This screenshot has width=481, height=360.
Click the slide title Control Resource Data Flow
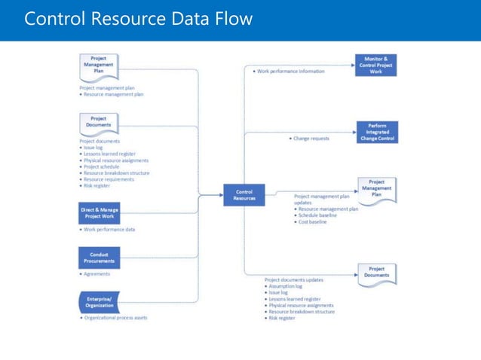coord(138,19)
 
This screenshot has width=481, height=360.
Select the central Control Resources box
coord(244,196)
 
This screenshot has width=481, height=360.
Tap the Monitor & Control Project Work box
coord(376,66)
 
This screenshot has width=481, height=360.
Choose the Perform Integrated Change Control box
coord(376,133)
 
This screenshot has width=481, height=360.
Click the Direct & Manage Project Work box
coord(99,213)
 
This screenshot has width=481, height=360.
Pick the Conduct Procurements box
coord(99,258)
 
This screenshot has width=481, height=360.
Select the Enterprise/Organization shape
coord(99,303)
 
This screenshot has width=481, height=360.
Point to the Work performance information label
coord(290,72)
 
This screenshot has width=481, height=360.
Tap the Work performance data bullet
coord(110,229)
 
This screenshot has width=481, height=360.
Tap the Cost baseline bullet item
coord(312,222)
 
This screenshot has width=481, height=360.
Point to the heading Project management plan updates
coord(322,199)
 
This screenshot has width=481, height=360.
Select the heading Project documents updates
coord(295,279)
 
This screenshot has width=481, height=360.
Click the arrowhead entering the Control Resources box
coord(220,196)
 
